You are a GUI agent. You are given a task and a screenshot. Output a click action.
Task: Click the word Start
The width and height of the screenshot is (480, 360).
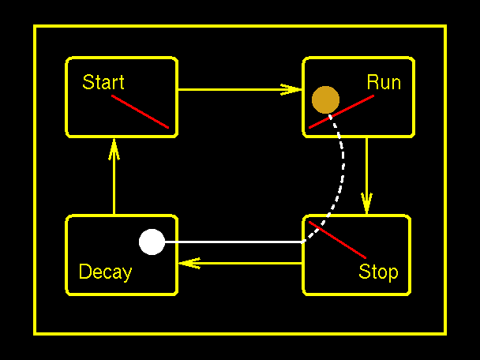(103, 82)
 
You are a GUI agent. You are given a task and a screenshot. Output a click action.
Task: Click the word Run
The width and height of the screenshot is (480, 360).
(384, 82)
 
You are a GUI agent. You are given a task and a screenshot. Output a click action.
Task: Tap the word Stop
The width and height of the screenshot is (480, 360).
(378, 272)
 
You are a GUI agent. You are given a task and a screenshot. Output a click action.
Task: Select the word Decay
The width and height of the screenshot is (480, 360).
(105, 272)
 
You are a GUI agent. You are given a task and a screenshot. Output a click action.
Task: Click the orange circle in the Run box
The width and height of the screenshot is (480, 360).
(325, 99)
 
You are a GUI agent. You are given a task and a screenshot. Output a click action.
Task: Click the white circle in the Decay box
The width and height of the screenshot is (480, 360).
(152, 242)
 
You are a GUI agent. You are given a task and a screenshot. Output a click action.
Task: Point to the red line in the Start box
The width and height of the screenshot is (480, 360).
(141, 111)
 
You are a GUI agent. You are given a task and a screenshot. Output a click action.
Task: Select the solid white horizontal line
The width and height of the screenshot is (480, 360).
(237, 242)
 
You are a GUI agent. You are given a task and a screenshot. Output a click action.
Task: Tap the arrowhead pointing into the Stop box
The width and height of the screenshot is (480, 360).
(366, 204)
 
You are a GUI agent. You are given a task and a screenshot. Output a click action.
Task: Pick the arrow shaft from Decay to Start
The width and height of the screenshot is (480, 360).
(114, 186)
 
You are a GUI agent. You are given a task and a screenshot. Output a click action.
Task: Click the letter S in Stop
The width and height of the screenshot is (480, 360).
(365, 272)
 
